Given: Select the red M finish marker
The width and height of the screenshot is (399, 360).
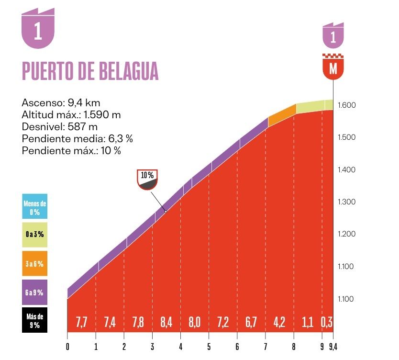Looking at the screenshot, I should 333,68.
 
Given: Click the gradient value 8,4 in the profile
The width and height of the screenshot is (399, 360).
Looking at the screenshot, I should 166,322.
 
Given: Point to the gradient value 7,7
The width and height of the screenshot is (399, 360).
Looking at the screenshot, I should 81,322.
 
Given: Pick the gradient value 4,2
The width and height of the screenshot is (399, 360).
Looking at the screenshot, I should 279,322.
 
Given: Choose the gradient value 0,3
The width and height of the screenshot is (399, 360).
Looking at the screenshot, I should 327,322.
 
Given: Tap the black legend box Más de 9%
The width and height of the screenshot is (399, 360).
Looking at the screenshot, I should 34,321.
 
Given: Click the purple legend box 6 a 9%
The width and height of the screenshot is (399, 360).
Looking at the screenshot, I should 34,292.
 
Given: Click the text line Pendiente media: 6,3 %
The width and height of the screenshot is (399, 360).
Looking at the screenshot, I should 77,139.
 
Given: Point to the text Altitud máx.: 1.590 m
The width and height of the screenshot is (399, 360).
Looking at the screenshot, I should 71,115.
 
